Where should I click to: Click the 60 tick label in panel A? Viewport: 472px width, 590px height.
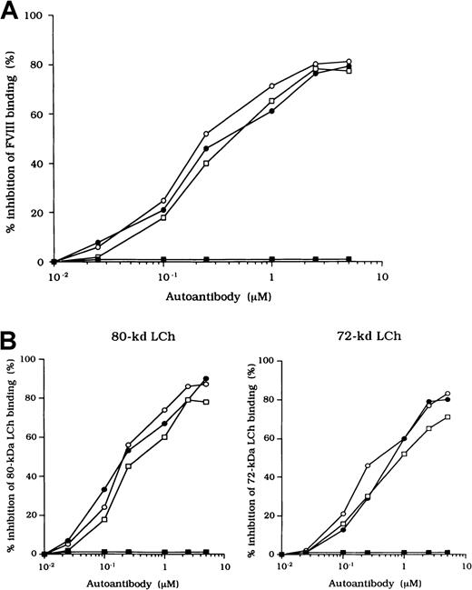click(x=36, y=115)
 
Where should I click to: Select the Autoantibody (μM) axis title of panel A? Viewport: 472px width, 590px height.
click(x=215, y=296)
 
